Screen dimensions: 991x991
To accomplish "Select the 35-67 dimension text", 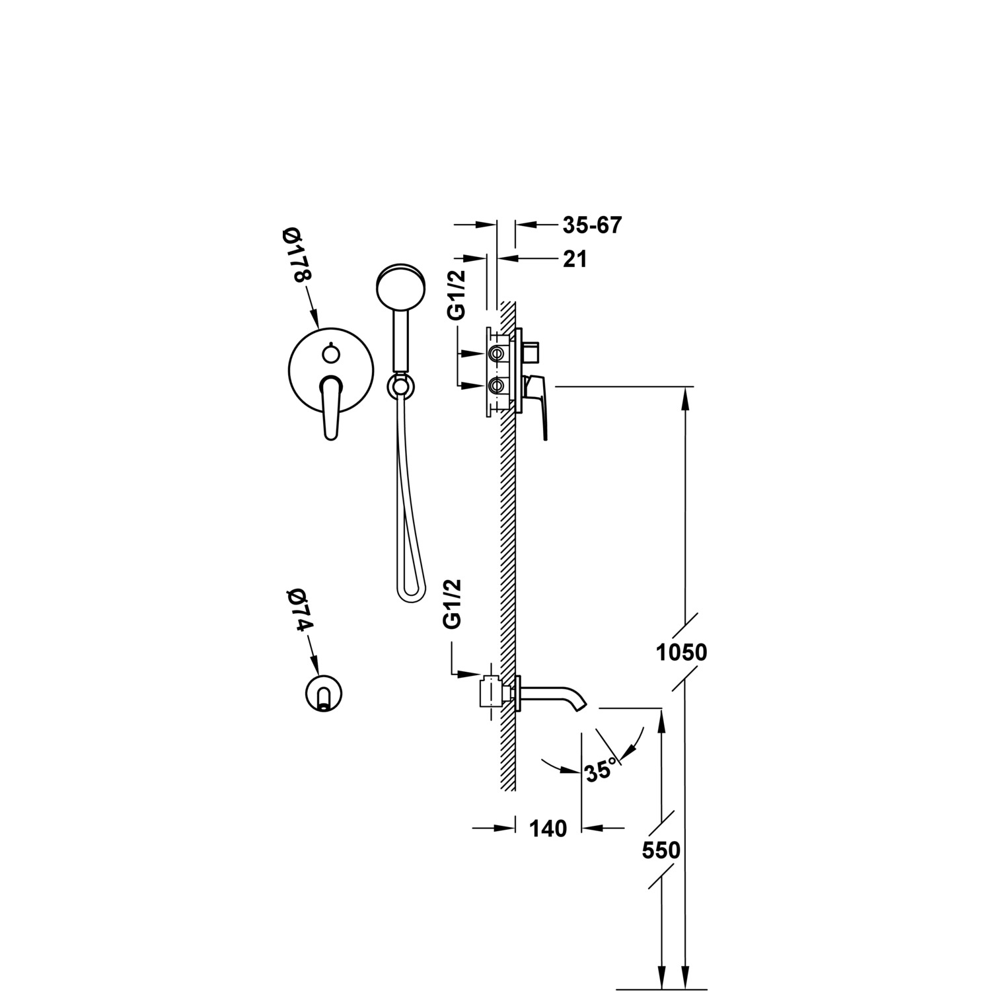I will (592, 225).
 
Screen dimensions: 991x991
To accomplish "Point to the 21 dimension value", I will (575, 260).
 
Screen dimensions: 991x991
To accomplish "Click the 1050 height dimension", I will (681, 653).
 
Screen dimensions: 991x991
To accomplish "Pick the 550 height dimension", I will (661, 850).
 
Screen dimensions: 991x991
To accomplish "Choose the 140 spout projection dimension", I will (548, 828).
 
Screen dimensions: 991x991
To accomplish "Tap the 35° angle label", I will (600, 770).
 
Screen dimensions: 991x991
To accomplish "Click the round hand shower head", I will (398, 287).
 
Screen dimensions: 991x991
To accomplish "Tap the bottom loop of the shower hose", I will (409, 593).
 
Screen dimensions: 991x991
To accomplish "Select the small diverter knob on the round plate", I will (331, 354).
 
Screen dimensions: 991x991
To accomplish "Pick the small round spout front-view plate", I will (324, 693).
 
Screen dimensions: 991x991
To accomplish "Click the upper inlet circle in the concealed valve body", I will (496, 355).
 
